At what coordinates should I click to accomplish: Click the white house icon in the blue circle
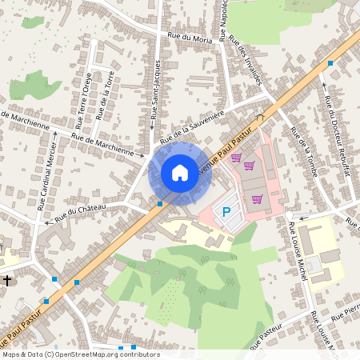click(x=180, y=172)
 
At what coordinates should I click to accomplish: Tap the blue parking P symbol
click(x=226, y=212)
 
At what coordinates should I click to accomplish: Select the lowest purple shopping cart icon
click(x=256, y=199)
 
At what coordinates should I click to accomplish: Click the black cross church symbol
click(x=7, y=281)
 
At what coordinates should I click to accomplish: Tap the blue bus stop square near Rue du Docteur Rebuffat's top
click(x=330, y=62)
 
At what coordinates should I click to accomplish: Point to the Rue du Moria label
click(x=190, y=37)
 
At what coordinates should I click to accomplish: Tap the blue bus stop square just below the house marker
click(x=160, y=203)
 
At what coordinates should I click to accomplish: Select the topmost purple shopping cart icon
click(x=236, y=158)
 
